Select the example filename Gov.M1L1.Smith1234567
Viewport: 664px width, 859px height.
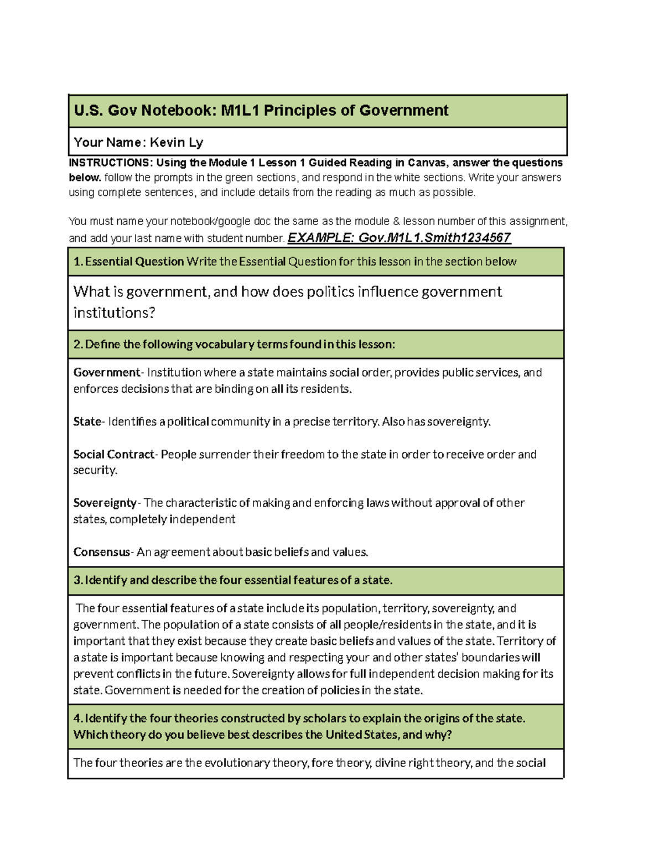(x=434, y=238)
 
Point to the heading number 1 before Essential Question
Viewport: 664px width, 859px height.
(x=77, y=262)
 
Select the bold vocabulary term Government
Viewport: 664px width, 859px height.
(x=107, y=372)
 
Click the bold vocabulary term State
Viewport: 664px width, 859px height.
(x=87, y=421)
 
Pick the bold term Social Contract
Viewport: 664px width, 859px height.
(x=113, y=454)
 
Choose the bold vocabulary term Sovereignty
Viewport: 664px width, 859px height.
(x=105, y=503)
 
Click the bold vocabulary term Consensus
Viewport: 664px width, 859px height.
(x=101, y=552)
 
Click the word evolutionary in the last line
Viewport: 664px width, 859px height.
(x=237, y=763)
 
